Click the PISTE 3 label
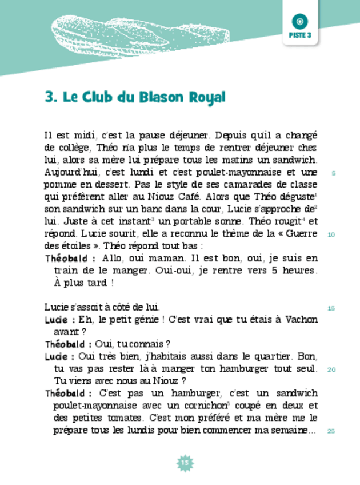click(300, 35)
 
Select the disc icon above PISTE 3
click(300, 21)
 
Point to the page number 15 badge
click(184, 462)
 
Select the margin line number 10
click(331, 235)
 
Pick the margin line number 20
click(331, 369)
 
